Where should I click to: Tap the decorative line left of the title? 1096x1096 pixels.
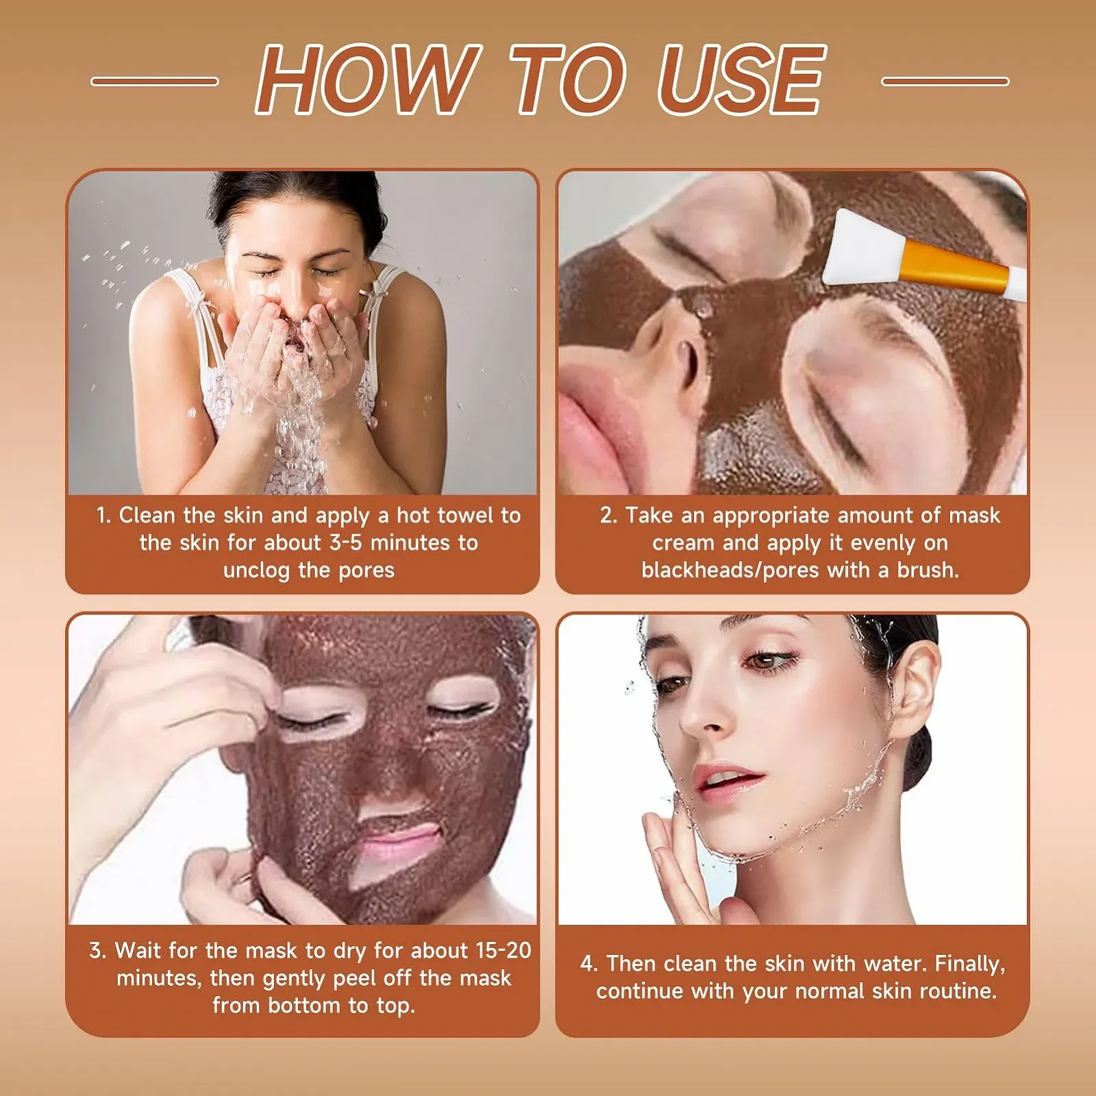[155, 82]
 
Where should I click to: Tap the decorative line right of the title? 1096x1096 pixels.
[945, 82]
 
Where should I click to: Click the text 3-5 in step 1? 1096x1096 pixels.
[345, 543]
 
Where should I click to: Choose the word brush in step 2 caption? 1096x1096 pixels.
[927, 571]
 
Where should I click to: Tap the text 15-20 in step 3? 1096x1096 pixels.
[503, 951]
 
